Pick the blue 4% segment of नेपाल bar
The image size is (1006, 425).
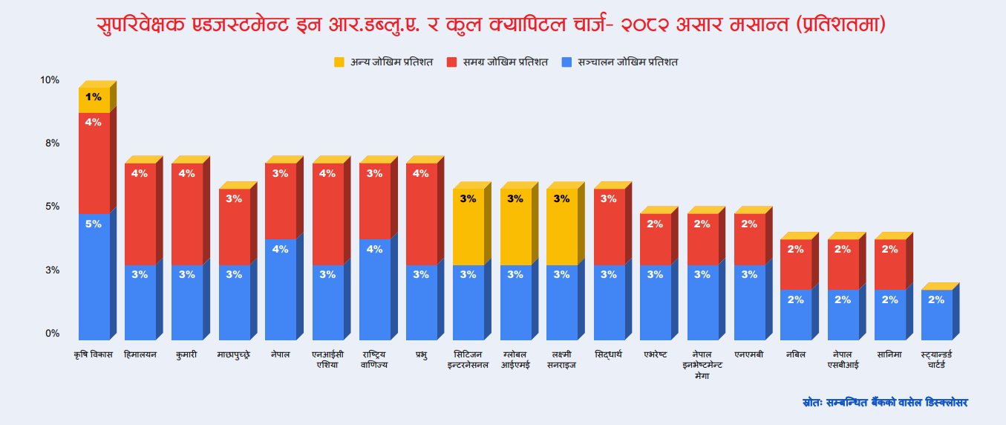[x=280, y=289]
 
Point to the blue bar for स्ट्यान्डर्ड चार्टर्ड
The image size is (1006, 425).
[x=936, y=314]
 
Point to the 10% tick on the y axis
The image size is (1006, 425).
[x=50, y=80]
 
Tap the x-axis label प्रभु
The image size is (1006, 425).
[x=421, y=354]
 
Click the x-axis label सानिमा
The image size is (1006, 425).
[x=889, y=354]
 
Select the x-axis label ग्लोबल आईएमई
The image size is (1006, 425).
[x=515, y=360]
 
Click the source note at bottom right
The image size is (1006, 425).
[x=885, y=402]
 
